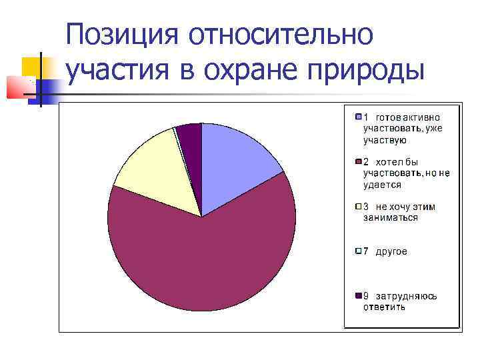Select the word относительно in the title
281,35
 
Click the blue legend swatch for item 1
358,117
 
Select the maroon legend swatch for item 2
358,162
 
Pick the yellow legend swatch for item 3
358,207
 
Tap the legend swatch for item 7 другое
358,251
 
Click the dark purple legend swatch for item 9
358,296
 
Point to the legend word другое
391,251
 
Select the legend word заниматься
391,217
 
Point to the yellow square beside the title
32,67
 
